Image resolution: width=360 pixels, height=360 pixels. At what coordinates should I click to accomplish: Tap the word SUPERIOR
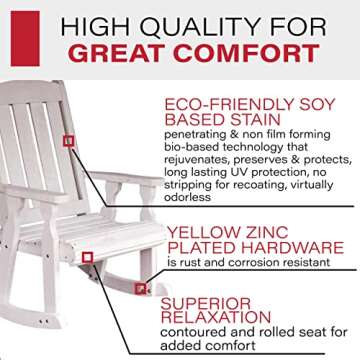pos(211,302)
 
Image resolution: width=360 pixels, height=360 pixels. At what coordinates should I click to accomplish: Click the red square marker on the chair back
pos(67,141)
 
